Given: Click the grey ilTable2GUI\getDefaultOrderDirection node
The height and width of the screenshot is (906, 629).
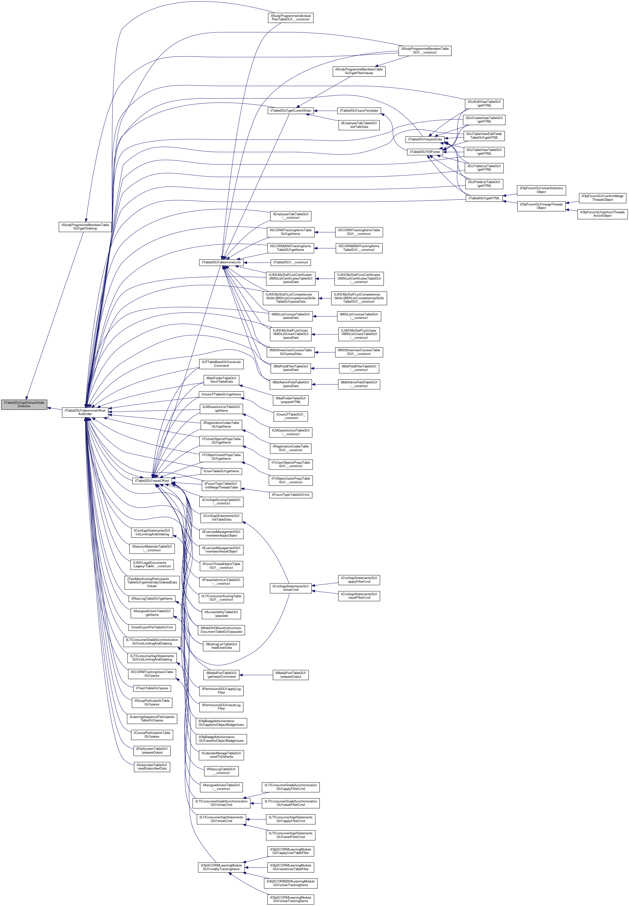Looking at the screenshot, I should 24,405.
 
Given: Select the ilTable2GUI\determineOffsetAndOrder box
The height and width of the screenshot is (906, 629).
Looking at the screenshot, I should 85,412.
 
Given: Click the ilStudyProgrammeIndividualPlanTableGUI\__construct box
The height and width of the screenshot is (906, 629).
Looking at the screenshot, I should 290,18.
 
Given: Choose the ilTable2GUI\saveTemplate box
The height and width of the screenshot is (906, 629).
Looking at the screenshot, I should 359,111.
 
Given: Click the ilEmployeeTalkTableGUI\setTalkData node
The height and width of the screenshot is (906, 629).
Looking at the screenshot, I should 359,125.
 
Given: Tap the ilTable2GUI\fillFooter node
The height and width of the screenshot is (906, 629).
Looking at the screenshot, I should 425,152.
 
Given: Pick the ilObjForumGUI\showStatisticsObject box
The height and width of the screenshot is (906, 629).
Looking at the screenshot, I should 541,190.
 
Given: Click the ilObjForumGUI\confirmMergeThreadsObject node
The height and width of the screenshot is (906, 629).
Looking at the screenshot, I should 602,198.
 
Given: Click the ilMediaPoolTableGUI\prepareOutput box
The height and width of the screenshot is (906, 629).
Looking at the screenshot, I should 290,675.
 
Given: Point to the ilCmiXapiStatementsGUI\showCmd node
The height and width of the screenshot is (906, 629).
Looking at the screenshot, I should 290,588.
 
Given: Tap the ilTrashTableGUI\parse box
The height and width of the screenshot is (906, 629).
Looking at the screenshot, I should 152,688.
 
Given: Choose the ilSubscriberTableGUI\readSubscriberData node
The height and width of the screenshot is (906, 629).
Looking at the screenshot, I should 152,767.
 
